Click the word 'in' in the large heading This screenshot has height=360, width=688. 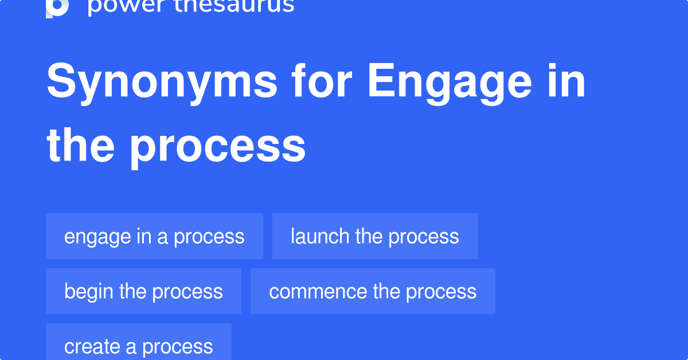(568, 81)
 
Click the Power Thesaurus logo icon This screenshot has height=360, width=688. (57, 7)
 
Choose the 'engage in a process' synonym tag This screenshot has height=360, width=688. (154, 236)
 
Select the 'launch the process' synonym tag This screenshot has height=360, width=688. (374, 236)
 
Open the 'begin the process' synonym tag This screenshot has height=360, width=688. (143, 291)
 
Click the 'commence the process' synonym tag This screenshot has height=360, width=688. (373, 291)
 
